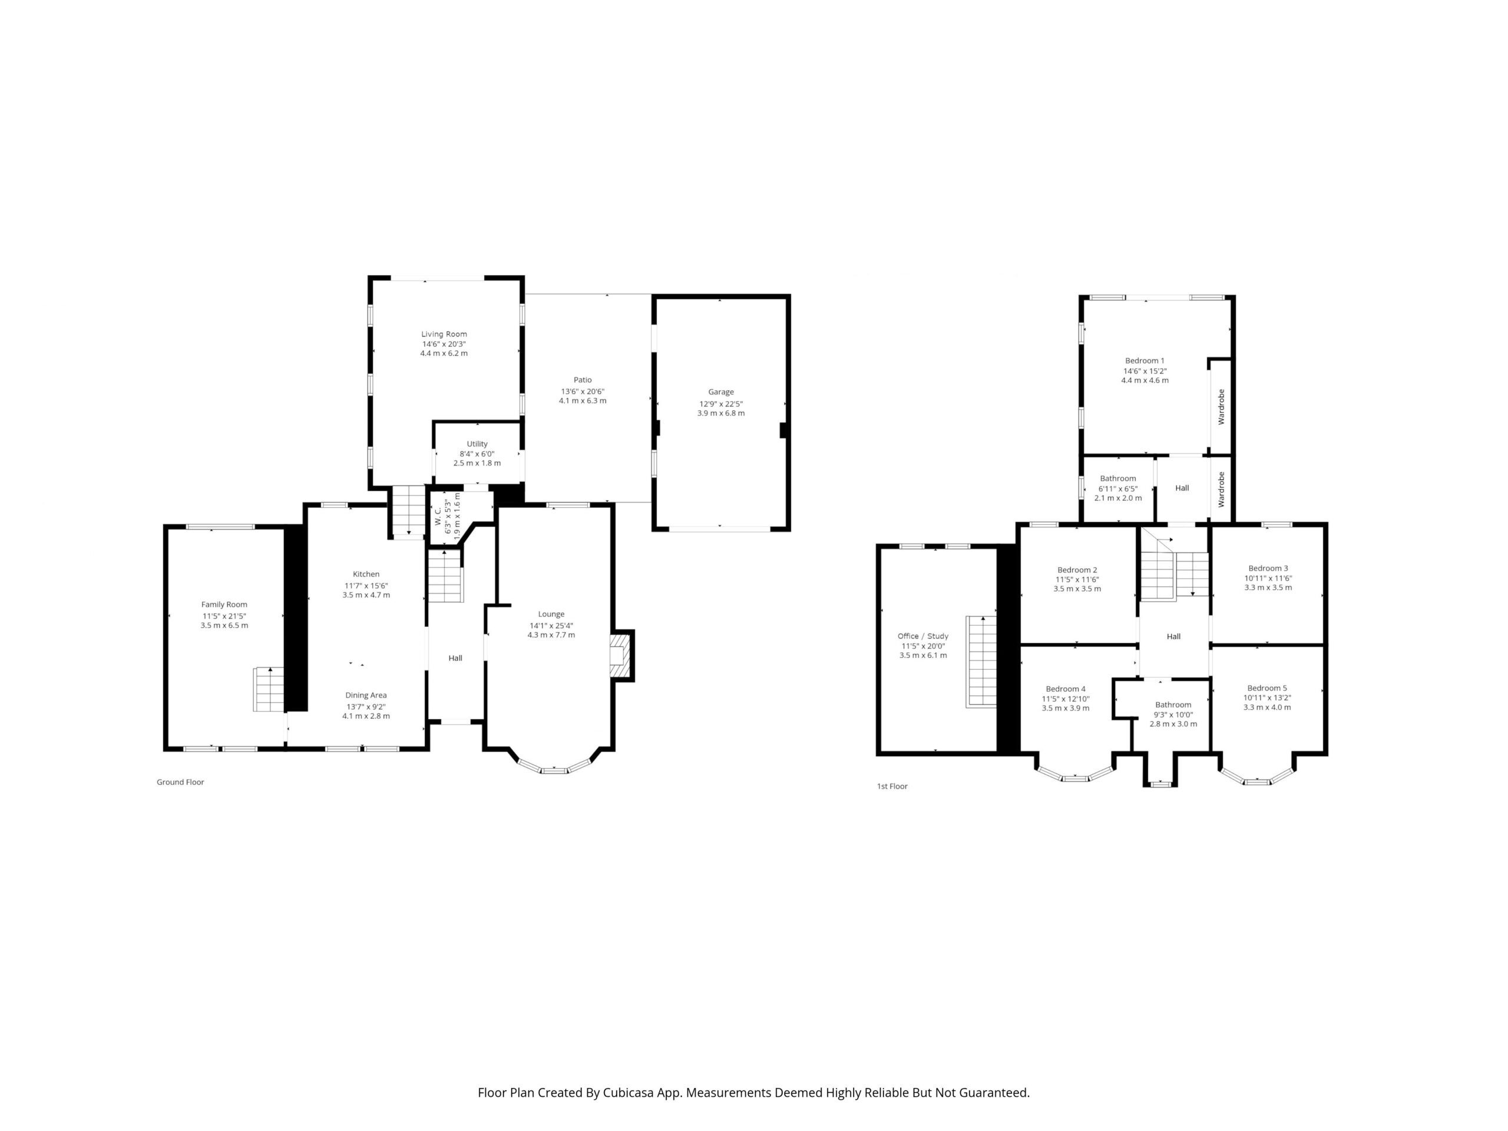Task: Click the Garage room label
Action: coord(720,392)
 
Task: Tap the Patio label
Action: coord(582,380)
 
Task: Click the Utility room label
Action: coord(477,444)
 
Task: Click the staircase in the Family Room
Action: coord(269,689)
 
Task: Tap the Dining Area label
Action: coord(366,695)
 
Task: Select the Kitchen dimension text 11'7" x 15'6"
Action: coord(366,586)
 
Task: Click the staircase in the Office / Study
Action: coord(981,662)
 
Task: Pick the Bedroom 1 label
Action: coord(1145,361)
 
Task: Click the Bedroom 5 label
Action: coord(1267,688)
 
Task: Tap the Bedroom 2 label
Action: coord(1077,570)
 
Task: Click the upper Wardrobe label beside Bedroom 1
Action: coord(1221,407)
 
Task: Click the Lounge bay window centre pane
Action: coord(554,770)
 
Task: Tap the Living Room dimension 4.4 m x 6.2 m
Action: coord(444,353)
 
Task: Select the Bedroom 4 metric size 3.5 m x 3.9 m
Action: coord(1066,707)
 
